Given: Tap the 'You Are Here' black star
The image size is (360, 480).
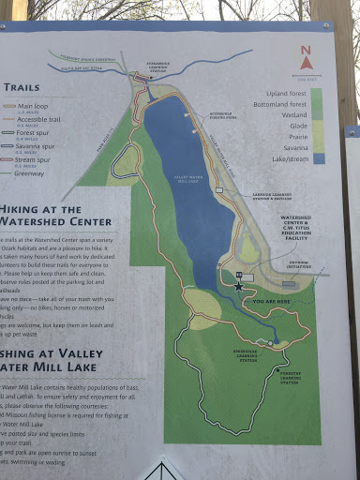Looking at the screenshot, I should (238, 286).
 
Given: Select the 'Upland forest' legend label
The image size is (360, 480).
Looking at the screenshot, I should (288, 93).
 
